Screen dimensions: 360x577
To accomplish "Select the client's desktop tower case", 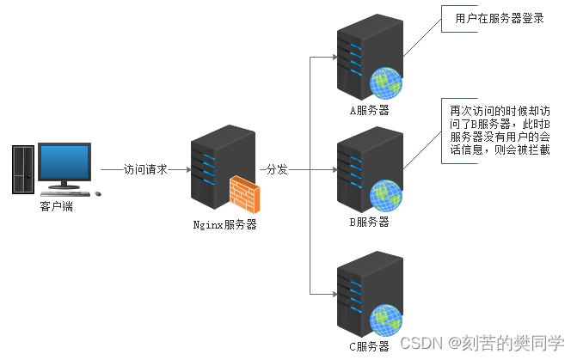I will click(x=22, y=169).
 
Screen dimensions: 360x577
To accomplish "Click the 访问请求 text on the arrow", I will click(x=145, y=169).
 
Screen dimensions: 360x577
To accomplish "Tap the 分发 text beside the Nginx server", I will click(x=276, y=169).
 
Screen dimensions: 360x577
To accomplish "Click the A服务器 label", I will click(x=369, y=110).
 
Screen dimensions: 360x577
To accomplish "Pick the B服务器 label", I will click(x=369, y=222).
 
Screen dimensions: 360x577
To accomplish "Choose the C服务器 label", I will click(x=369, y=345).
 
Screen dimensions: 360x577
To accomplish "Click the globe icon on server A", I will click(x=387, y=84).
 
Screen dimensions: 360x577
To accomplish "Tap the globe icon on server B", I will click(x=385, y=196).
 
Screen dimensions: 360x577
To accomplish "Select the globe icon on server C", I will click(x=387, y=320).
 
